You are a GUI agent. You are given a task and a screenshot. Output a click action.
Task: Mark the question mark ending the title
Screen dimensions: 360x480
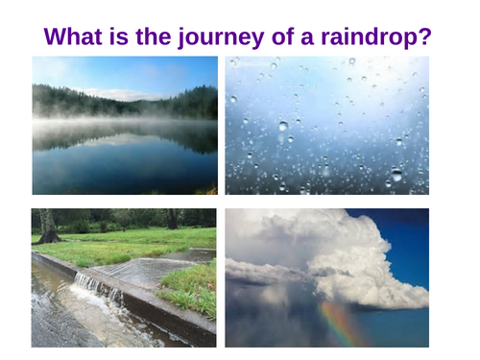[426, 37]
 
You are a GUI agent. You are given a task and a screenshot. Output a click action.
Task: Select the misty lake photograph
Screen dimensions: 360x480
[125, 125]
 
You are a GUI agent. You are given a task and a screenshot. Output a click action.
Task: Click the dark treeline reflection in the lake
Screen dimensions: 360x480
[125, 139]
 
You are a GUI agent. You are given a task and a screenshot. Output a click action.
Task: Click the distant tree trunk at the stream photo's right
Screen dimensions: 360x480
[174, 220]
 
